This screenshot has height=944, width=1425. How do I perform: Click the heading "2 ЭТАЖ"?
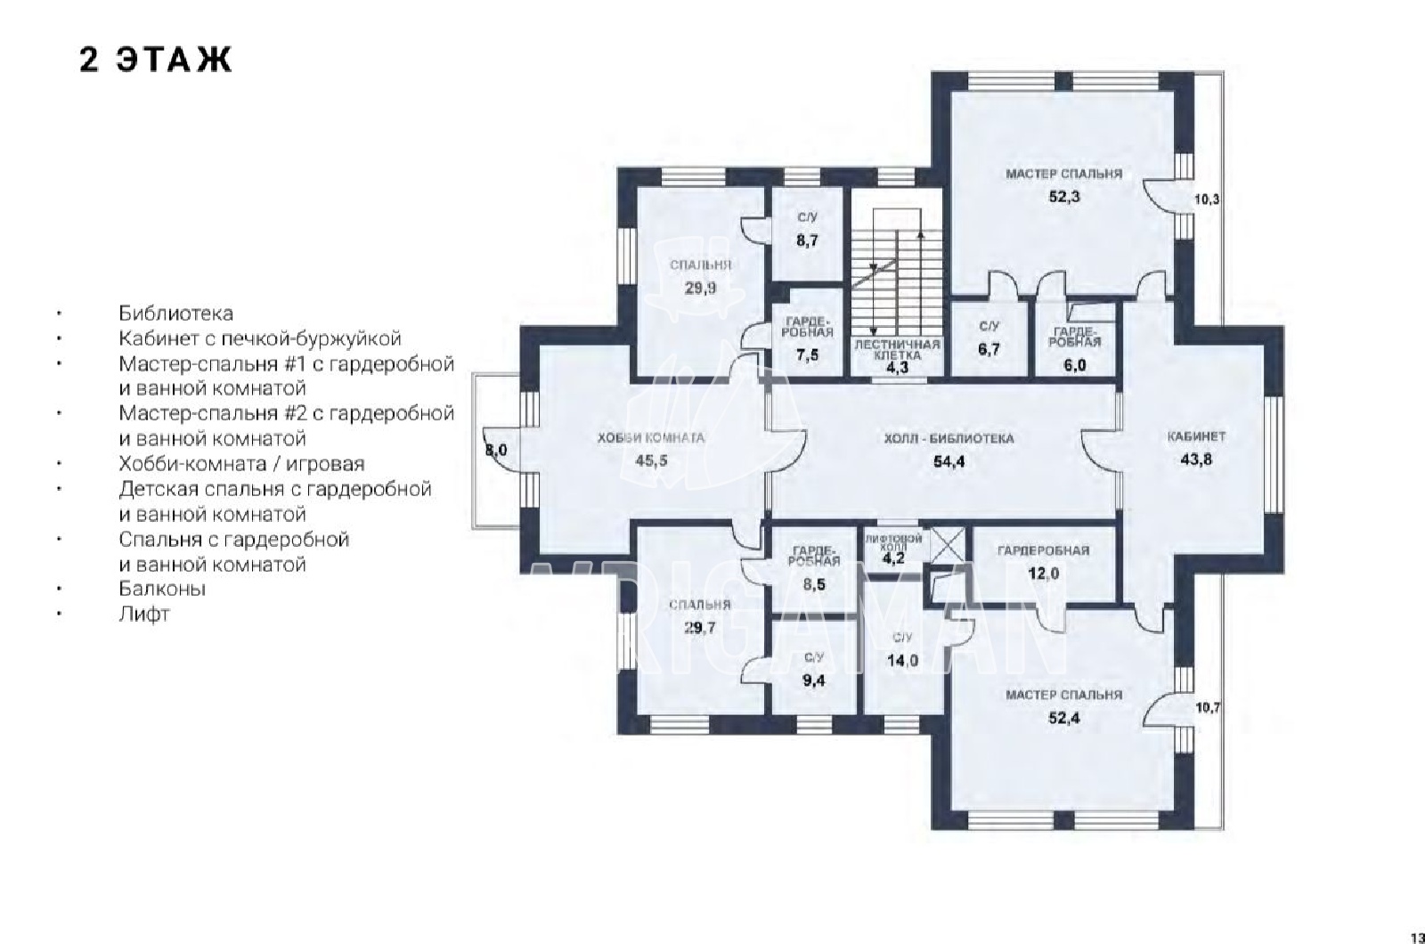tap(155, 61)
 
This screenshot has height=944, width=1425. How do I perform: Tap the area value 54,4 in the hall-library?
tap(949, 461)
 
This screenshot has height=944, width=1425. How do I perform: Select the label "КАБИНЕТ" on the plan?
tap(1197, 437)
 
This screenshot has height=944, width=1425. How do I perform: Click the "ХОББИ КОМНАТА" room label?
tap(651, 438)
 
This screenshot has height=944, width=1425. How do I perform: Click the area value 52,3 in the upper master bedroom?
tap(1064, 196)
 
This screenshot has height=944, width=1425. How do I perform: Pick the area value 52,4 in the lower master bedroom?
tap(1064, 718)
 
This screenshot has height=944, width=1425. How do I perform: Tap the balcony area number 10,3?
tap(1206, 199)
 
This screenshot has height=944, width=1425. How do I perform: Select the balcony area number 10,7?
tap(1208, 707)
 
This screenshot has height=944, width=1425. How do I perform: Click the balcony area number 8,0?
tap(496, 451)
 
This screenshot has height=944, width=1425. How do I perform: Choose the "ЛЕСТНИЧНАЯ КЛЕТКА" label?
tap(897, 350)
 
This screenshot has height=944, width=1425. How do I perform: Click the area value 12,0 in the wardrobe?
tap(1044, 574)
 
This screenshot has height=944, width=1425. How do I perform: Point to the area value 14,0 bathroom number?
tap(903, 660)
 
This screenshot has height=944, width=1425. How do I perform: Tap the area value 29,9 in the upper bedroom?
tap(700, 289)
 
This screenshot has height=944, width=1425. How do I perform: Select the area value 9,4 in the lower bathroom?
tap(814, 680)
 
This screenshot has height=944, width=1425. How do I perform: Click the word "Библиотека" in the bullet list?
tap(175, 313)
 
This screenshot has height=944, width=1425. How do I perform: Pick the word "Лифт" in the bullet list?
tap(143, 614)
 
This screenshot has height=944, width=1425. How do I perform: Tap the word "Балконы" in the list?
tap(162, 589)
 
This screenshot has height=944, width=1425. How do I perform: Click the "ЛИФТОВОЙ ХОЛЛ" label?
tap(893, 542)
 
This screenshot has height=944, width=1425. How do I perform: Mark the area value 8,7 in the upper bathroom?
tap(807, 240)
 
